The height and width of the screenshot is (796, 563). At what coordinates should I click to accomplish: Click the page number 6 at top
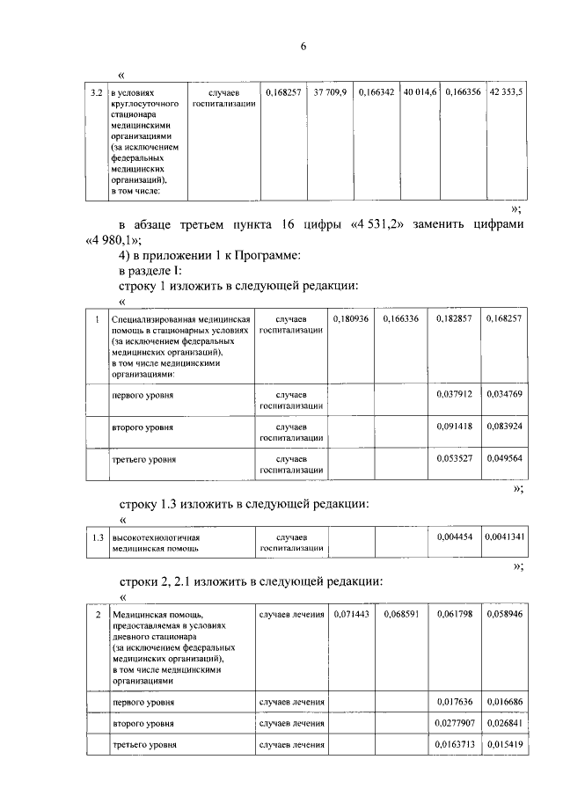click(303, 47)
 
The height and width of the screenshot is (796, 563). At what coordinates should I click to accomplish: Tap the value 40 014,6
click(420, 91)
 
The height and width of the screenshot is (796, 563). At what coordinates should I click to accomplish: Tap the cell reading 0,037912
click(454, 394)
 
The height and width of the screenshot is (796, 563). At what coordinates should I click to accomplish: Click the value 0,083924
click(503, 426)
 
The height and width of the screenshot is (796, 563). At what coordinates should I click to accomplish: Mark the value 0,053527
click(454, 458)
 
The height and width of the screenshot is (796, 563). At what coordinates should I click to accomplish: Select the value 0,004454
click(454, 537)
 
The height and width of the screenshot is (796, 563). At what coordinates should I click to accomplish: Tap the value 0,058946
click(503, 613)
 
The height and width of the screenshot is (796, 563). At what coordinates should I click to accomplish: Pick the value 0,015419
click(503, 745)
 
